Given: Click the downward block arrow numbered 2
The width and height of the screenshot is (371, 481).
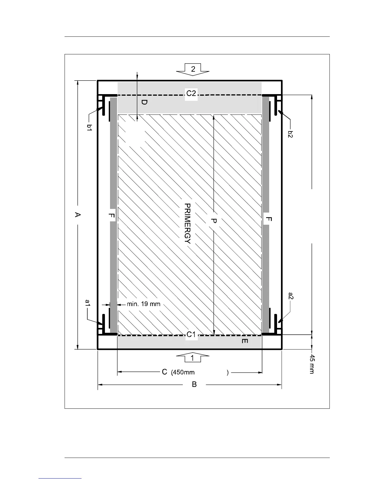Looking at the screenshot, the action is (193, 70).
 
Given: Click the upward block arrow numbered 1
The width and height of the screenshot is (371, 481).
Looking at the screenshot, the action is (193, 357).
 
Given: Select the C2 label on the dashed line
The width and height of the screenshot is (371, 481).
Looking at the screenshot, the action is (191, 94).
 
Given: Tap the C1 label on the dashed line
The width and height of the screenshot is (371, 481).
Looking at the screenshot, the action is (191, 334).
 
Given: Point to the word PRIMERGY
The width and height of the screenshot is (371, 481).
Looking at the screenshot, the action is (187, 223).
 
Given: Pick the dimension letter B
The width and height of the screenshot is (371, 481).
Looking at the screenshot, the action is (194, 384).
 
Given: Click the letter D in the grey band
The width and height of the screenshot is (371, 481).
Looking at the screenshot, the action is (144, 102).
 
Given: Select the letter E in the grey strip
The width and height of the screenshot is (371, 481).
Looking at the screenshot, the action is (245, 341).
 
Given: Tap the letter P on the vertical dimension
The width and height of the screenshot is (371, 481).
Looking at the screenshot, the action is (214, 221).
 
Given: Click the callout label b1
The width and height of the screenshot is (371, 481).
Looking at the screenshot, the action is (89, 128).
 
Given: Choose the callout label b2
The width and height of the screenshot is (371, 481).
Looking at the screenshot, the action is (290, 134).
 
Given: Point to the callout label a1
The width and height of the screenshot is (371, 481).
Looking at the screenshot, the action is (88, 303).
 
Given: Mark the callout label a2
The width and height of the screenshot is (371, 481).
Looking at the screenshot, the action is (291, 296).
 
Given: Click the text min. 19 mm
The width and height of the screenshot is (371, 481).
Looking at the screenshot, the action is (144, 304).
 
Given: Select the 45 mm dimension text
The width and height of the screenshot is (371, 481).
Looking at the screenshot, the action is (312, 364).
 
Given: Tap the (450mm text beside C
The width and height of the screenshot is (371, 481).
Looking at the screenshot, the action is (183, 372).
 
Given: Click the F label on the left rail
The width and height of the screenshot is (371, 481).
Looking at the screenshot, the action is (112, 215).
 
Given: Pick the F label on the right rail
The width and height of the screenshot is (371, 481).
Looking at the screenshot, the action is (269, 219).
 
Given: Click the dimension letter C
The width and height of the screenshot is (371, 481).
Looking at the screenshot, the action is (164, 372).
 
